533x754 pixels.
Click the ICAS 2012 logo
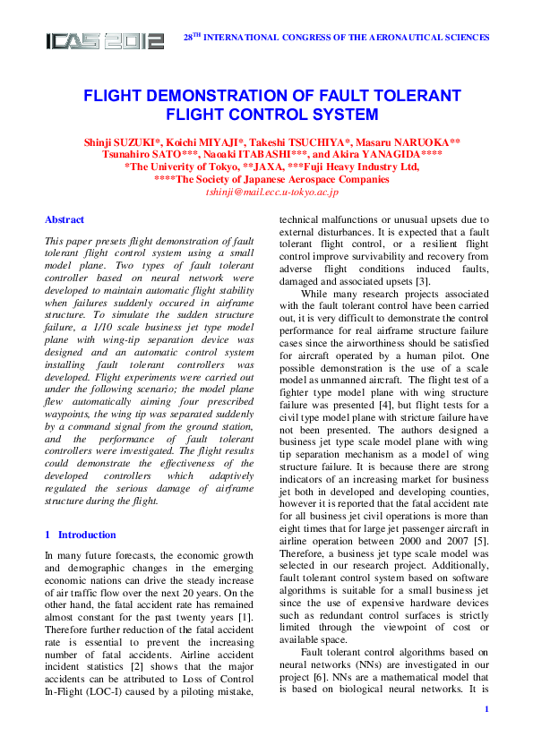tap(105, 40)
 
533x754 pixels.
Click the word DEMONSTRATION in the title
tap(212, 96)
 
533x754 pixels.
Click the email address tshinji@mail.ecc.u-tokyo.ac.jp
tap(271, 192)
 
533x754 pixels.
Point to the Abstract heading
tap(64, 219)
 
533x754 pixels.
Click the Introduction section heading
tap(87, 535)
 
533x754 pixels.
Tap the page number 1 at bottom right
tap(486, 734)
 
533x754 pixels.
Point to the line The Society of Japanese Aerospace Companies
tap(271, 179)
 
